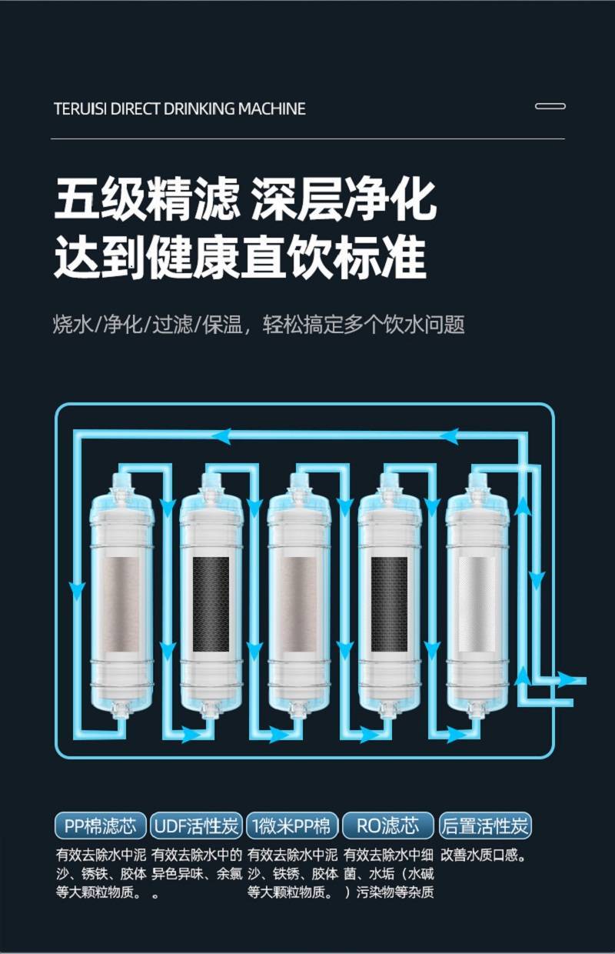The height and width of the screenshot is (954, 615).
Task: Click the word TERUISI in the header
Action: (x=80, y=108)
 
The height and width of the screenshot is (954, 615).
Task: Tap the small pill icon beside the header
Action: (x=550, y=106)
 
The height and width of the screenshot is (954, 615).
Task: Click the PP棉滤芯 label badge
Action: (x=101, y=826)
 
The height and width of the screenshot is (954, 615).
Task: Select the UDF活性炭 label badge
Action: (x=196, y=826)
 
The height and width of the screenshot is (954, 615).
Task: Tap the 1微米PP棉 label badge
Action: (x=292, y=826)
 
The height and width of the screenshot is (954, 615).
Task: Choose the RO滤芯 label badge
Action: (x=387, y=826)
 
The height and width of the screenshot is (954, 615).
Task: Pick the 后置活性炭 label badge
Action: (x=485, y=826)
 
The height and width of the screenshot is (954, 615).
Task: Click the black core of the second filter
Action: (x=211, y=605)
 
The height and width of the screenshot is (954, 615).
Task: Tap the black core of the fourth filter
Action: (x=389, y=605)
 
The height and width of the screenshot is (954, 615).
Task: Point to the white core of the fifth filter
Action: (x=477, y=605)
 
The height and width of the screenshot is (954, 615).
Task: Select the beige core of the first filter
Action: (x=122, y=605)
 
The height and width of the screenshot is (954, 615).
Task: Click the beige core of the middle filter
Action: (x=300, y=605)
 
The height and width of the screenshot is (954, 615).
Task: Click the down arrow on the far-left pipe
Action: (x=77, y=592)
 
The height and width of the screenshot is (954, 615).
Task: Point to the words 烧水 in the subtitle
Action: (x=72, y=325)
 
